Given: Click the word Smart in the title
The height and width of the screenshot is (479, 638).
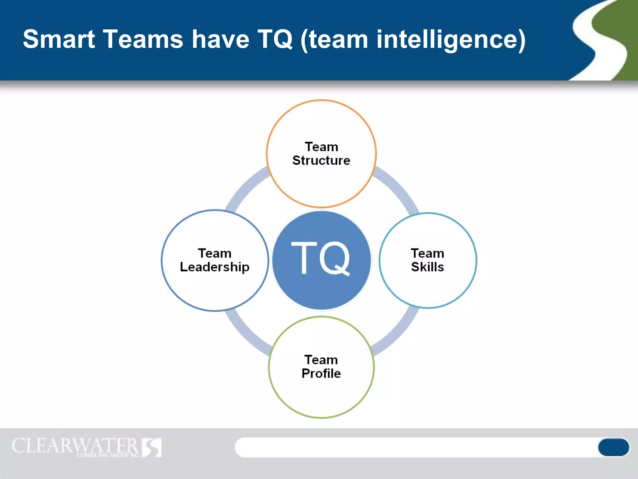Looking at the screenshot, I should pos(59,39).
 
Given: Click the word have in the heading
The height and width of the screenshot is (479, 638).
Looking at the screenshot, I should pos(220,39).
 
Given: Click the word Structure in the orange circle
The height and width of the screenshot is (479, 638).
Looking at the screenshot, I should pos(321,161).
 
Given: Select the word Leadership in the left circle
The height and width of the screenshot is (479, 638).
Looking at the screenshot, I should pos(215,267).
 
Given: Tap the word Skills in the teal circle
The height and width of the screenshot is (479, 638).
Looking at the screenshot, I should pos(427,267).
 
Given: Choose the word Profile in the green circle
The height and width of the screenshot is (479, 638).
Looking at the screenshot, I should pos(321,374).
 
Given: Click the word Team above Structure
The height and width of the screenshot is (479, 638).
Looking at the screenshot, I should pos(321,147).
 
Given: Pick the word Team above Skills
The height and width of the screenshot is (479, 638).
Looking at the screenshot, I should pos(427,253).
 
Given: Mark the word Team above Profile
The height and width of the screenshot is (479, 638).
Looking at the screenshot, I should pos(321,360).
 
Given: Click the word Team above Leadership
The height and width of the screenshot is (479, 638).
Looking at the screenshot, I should pos(215,253).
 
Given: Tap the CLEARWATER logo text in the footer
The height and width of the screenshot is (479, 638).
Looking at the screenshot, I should pos(75,446).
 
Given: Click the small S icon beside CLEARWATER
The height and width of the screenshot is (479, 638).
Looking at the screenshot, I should pos(152,447).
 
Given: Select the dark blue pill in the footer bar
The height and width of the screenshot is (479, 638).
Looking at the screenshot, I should pos(613,447).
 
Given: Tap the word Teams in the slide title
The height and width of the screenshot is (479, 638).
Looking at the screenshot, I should pos(143,39).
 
